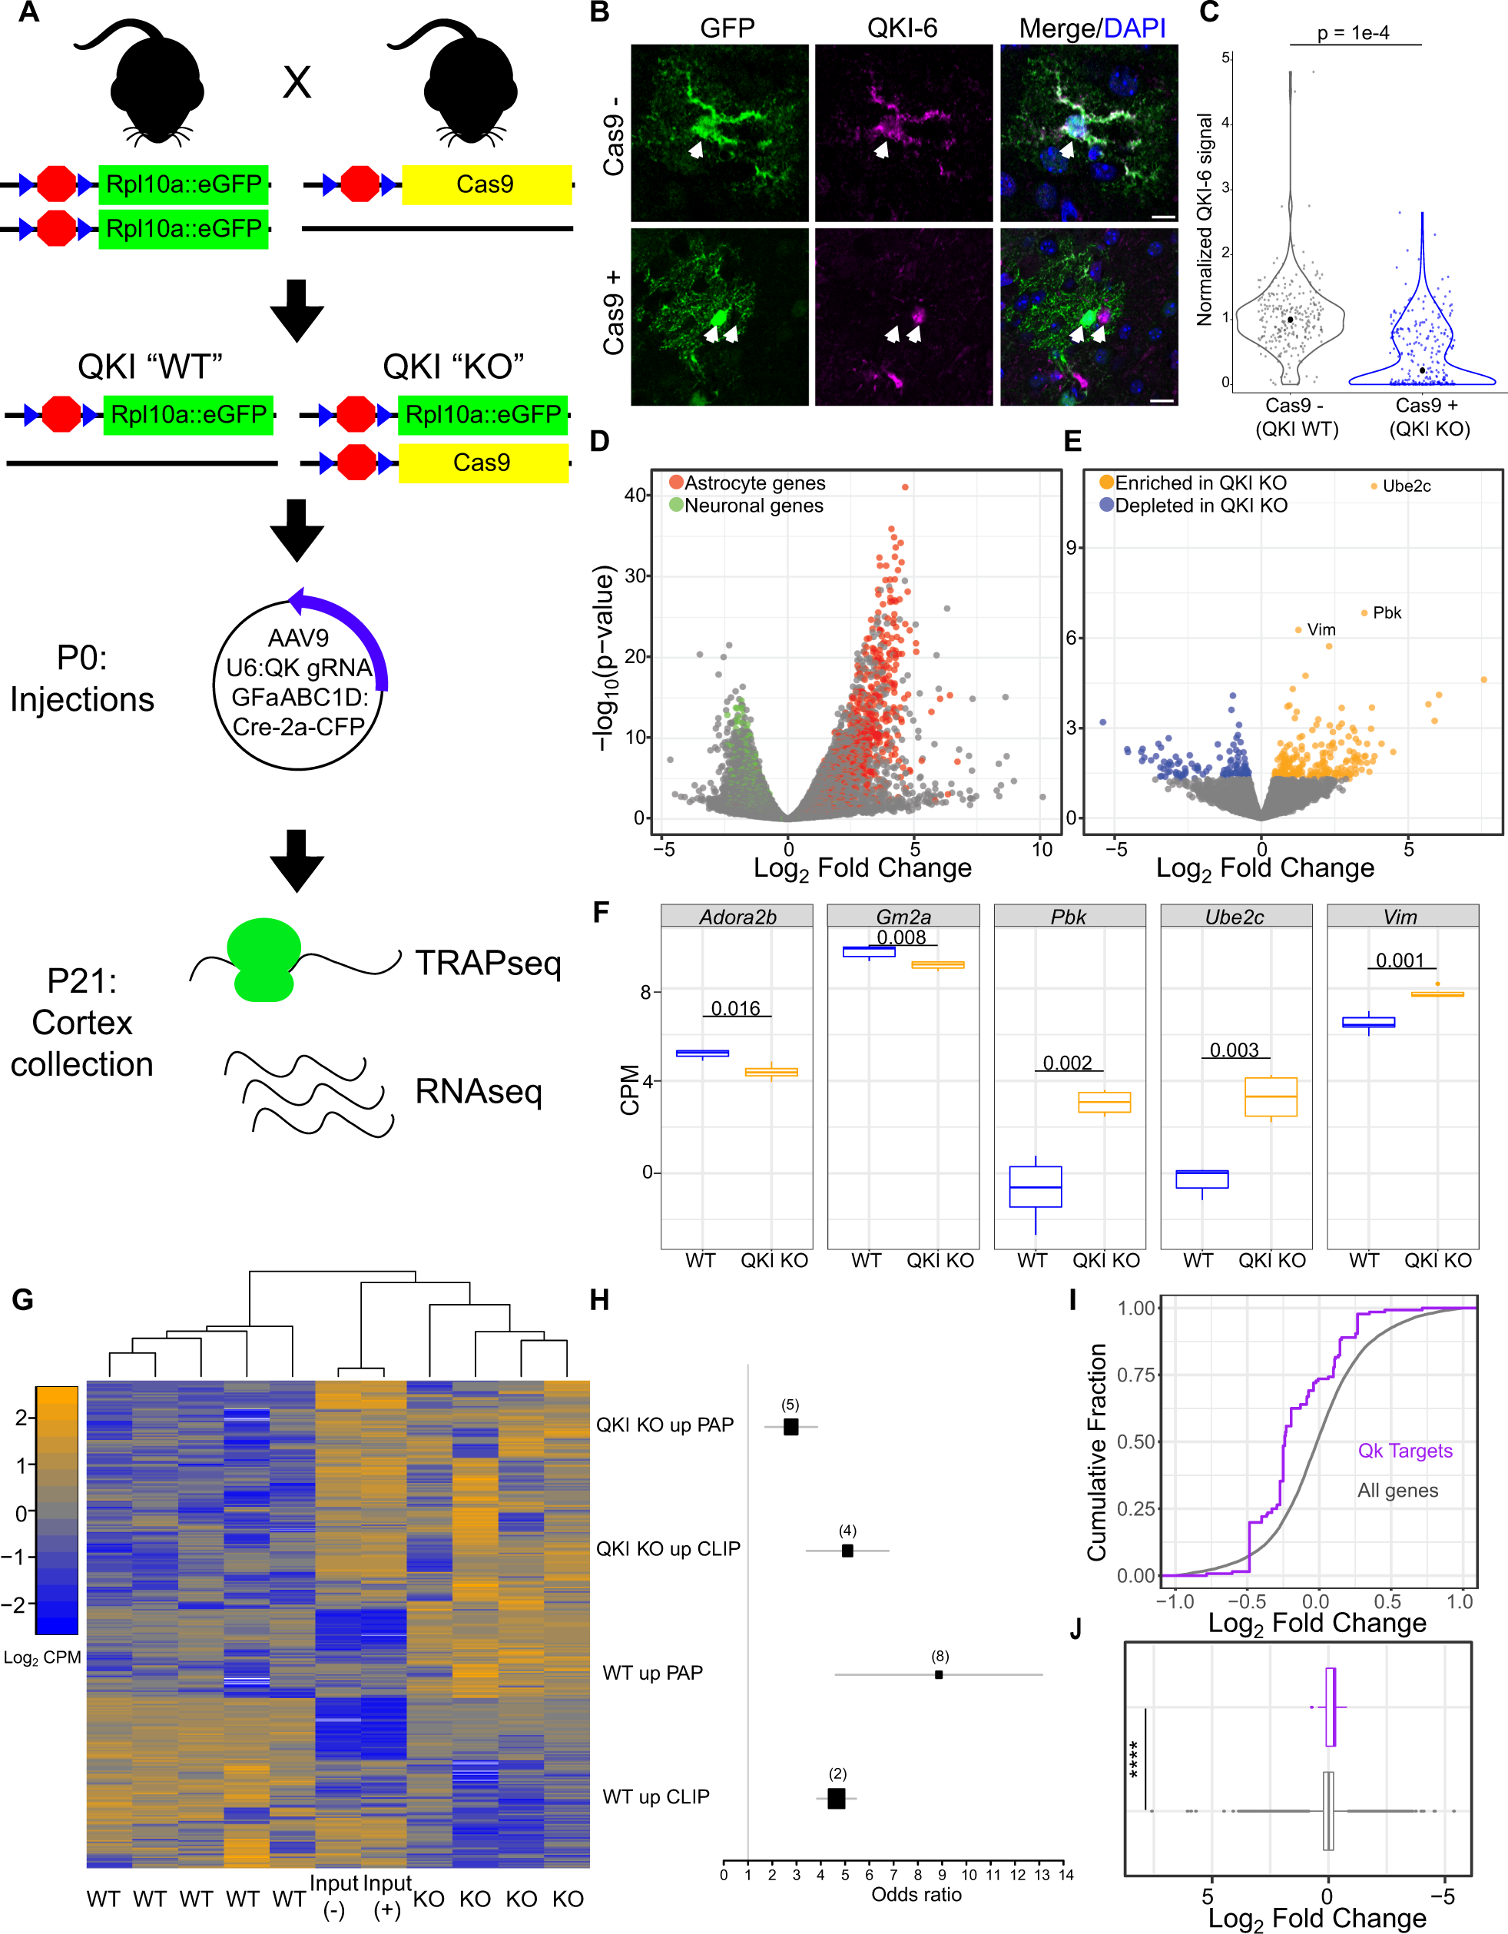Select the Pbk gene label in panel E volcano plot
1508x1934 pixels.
[1387, 613]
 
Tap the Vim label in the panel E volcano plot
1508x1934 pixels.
[1321, 629]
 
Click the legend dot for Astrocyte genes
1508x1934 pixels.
[677, 483]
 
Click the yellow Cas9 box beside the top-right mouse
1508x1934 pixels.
[486, 184]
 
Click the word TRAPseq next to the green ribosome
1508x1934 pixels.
[488, 963]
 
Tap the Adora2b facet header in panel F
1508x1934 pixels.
[737, 917]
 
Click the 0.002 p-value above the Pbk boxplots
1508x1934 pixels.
[1067, 1063]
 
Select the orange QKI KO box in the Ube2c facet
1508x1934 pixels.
[1271, 1097]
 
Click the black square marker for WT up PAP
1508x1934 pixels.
[939, 1674]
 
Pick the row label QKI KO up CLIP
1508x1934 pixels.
[668, 1549]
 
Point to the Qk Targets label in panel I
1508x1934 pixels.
[1405, 1451]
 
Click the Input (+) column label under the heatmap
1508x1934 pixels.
[387, 1896]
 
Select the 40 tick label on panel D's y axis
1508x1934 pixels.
[636, 495]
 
